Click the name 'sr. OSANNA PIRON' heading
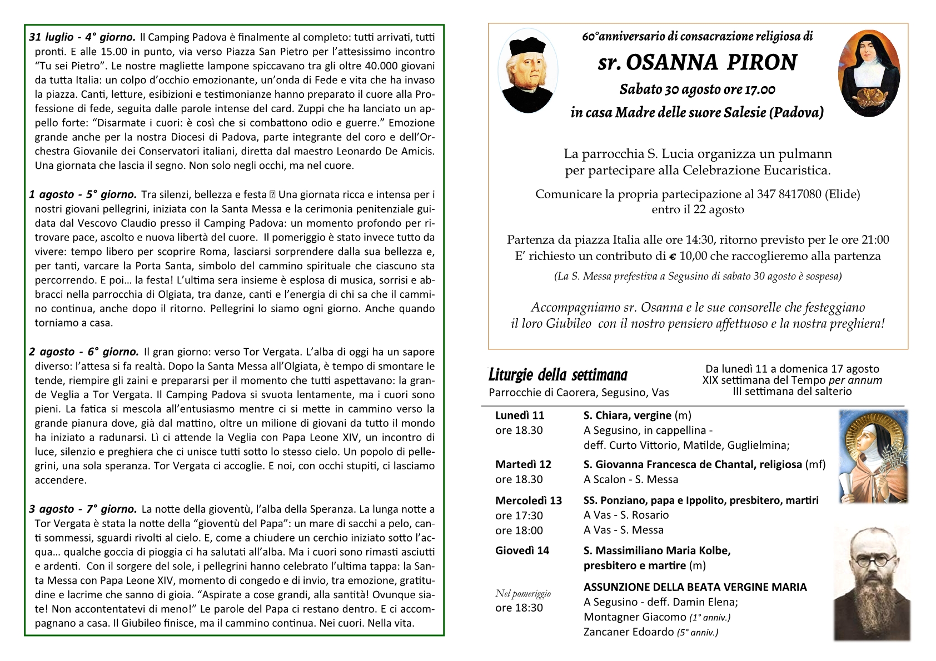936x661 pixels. click(698, 63)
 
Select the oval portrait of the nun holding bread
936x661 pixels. click(869, 73)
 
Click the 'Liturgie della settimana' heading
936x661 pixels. click(557, 375)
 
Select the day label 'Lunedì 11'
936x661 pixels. click(520, 415)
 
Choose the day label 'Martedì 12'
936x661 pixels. click(523, 464)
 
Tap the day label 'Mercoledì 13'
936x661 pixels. click(529, 500)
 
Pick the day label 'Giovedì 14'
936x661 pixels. click(522, 550)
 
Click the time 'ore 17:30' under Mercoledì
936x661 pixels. click(519, 515)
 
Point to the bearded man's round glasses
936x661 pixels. click(872, 560)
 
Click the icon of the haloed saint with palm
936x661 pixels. click(872, 456)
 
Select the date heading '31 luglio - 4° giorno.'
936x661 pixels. click(82, 37)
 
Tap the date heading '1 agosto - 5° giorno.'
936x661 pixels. click(83, 194)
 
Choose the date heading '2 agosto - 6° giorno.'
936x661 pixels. click(84, 352)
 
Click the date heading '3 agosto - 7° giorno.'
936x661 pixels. click(83, 509)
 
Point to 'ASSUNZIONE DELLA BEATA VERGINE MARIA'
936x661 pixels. click(695, 587)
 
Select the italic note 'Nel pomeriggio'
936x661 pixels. click(522, 594)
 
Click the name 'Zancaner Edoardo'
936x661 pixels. click(628, 632)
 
